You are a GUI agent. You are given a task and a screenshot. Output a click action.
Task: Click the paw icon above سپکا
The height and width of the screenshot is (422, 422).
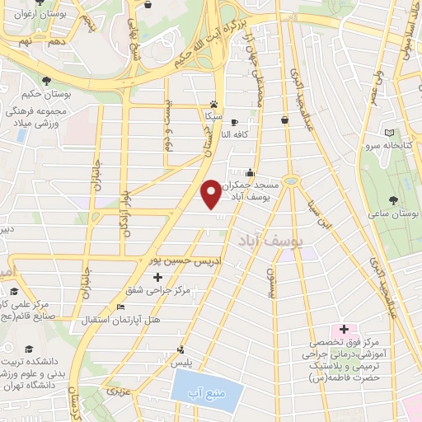[214, 105]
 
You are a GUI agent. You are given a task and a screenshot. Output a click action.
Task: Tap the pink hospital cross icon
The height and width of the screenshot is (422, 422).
[343, 330]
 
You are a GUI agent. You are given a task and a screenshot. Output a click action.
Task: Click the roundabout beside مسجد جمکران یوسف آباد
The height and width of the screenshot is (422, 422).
[290, 180]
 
